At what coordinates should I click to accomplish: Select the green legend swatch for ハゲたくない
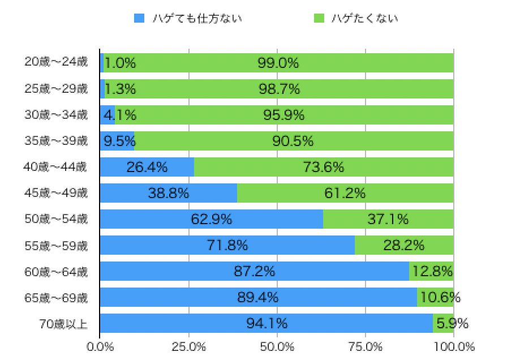tap(319, 18)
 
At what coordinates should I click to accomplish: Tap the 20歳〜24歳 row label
tap(56, 62)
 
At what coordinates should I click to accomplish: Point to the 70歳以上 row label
tap(64, 324)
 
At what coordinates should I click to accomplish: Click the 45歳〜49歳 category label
tap(56, 193)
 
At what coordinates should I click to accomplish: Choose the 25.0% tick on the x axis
tap(188, 346)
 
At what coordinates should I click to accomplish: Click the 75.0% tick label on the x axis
tap(366, 346)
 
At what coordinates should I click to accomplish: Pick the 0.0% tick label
tap(100, 346)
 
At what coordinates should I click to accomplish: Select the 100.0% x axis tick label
tap(454, 346)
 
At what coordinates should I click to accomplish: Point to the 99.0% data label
tap(278, 63)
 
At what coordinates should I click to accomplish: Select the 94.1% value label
tap(267, 324)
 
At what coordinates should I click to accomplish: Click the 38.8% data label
tap(169, 193)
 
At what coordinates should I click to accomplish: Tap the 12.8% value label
tap(433, 271)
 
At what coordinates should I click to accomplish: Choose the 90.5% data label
tap(293, 141)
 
